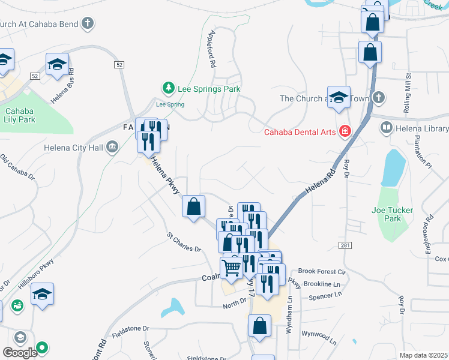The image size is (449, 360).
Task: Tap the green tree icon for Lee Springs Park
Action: [x=169, y=89]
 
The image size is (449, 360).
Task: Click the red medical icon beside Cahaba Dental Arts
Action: [x=345, y=130]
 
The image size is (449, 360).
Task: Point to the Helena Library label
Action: [x=422, y=128]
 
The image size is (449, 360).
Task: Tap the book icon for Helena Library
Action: [x=386, y=128]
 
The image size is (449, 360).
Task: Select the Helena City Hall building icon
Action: [x=112, y=147]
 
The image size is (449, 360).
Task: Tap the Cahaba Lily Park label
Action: [x=21, y=115]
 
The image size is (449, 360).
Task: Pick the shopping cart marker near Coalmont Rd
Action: [x=232, y=268]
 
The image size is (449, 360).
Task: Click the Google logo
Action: [x=20, y=353]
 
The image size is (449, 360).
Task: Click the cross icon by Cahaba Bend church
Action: [x=88, y=24]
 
